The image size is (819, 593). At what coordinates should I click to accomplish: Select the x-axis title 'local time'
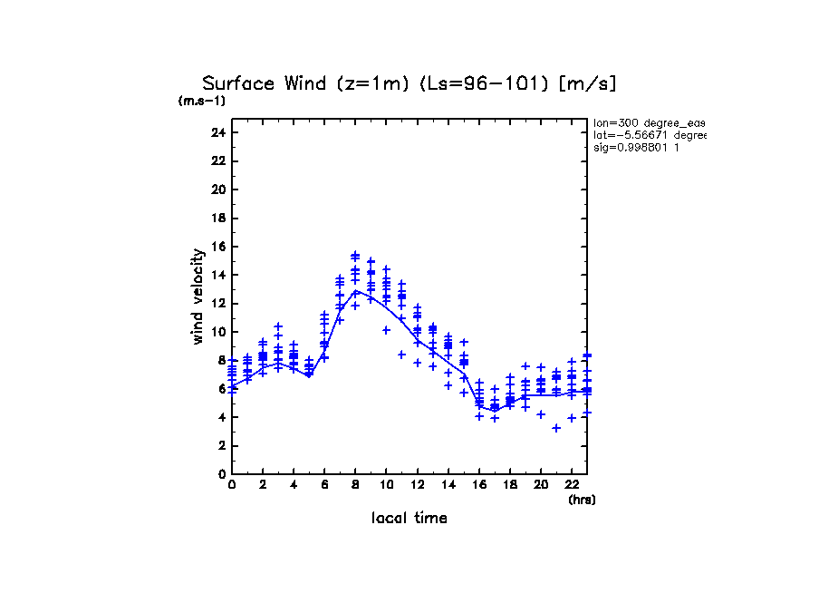[x=409, y=518]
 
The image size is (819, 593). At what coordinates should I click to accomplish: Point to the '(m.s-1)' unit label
[x=201, y=102]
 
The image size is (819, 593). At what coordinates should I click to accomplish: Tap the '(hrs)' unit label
[x=582, y=500]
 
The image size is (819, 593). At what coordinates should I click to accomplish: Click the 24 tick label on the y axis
[x=217, y=132]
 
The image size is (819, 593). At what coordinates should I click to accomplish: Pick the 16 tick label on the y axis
[x=217, y=247]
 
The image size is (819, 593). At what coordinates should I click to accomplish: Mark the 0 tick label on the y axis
[x=221, y=473]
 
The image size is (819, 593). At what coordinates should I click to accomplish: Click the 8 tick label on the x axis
[x=355, y=485]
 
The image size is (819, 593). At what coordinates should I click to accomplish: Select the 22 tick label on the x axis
[x=572, y=485]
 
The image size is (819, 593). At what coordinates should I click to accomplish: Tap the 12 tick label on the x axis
[x=417, y=485]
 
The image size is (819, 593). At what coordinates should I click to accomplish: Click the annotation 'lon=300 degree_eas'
[x=648, y=122]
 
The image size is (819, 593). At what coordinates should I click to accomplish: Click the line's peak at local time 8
[x=356, y=291]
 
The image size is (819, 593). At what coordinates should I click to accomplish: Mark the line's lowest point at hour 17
[x=495, y=410]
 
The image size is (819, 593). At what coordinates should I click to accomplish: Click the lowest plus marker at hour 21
[x=556, y=428]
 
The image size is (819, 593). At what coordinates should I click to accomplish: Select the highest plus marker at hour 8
[x=356, y=255]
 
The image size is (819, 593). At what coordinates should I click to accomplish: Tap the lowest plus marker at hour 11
[x=402, y=355]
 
